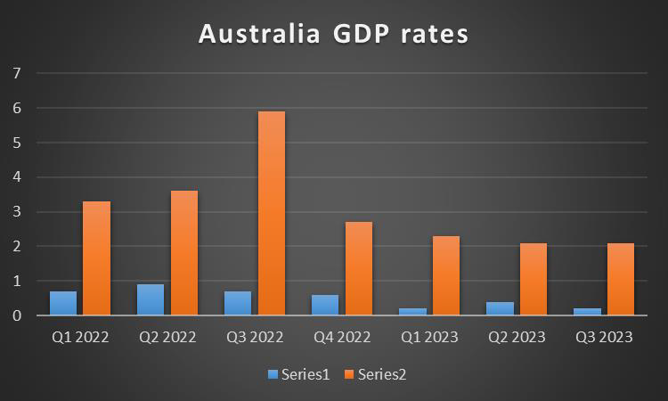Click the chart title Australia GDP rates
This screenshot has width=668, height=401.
333,34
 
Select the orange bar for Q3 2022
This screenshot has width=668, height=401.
272,213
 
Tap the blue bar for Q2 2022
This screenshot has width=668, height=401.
151,299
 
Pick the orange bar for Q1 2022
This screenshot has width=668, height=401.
96,258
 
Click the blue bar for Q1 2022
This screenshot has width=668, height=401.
63,303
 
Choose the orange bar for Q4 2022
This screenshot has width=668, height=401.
359,268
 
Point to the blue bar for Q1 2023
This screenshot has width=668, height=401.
412,312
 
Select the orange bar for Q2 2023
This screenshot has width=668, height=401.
534,279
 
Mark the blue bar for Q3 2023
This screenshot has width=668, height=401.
587,312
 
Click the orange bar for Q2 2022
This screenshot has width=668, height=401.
184,253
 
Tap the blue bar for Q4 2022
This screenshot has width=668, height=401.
325,305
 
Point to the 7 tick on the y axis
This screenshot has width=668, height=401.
15,73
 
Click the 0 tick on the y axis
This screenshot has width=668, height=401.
15,315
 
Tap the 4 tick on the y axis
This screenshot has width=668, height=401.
15,177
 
